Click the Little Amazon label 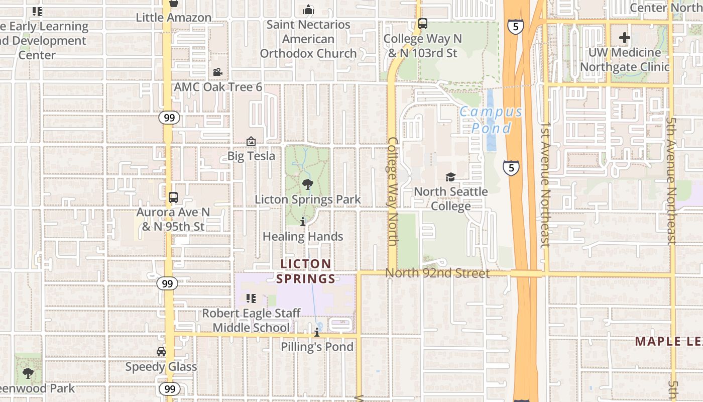[x=173, y=18]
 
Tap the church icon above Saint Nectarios [x=308, y=10]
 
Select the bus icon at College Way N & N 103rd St [x=423, y=23]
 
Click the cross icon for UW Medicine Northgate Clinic [x=625, y=38]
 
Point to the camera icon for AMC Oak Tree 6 [x=217, y=72]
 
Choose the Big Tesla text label [x=251, y=156]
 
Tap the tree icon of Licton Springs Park [x=308, y=184]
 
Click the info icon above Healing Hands [x=303, y=222]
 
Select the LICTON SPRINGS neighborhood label [x=305, y=271]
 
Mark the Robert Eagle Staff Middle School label [x=251, y=321]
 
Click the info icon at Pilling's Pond [x=317, y=333]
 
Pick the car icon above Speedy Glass [x=161, y=352]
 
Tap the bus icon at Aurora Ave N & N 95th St [x=173, y=197]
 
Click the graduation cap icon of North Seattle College [x=450, y=177]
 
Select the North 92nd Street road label [x=437, y=273]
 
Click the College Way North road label [x=393, y=191]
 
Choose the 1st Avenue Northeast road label [x=546, y=183]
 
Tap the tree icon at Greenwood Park [x=28, y=373]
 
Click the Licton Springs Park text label [x=307, y=199]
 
